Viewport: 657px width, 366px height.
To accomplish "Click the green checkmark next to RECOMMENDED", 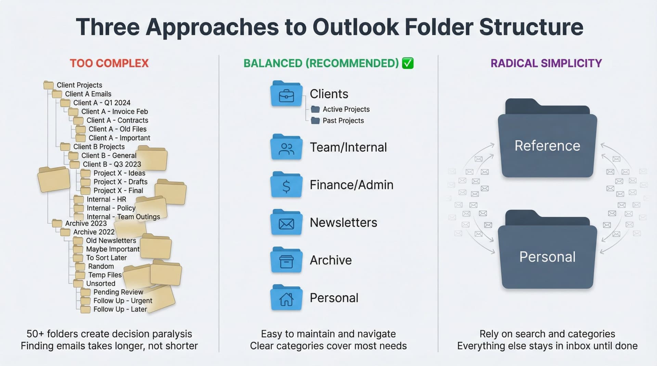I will [408, 63].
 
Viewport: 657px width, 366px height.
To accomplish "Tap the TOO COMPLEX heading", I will [109, 63].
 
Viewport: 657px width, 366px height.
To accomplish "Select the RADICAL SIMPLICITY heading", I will [546, 63].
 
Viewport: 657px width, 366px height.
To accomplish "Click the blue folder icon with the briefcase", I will [286, 94].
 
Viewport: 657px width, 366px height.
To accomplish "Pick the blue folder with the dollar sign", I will [286, 185].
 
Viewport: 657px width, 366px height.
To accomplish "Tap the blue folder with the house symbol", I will [286, 298].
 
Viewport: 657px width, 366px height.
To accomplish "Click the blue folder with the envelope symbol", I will [286, 222].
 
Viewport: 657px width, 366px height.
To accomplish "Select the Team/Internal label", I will [348, 147].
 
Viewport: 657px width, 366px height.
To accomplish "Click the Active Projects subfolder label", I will [346, 109].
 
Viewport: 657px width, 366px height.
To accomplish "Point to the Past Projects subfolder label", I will [343, 121].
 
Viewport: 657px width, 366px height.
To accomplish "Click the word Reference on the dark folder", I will [547, 146].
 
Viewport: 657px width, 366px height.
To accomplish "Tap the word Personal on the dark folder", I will [547, 257].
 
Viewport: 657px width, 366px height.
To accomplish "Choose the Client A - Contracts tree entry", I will [117, 120].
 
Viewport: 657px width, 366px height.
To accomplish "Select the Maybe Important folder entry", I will [113, 249].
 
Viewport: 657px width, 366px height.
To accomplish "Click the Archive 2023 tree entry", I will [86, 223].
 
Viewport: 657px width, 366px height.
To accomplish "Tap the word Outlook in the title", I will [356, 27].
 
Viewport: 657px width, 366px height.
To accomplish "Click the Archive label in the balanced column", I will [331, 260].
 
